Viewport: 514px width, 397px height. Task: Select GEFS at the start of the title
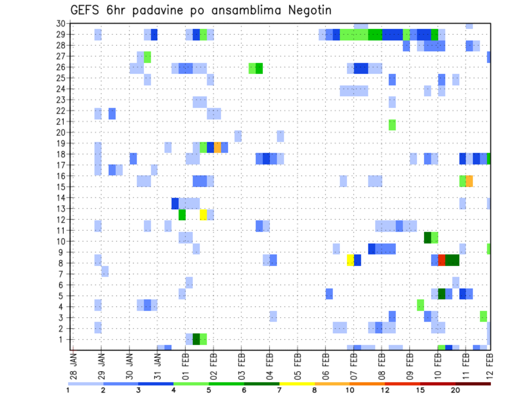[87, 11]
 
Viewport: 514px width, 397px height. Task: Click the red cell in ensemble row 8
[442, 260]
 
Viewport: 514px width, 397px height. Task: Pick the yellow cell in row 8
[350, 260]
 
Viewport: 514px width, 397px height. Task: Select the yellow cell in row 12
[203, 215]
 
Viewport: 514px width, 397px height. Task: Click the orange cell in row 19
[217, 147]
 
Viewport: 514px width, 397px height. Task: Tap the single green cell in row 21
[392, 125]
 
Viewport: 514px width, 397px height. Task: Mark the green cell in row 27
[147, 57]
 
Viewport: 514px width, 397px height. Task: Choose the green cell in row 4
[420, 305]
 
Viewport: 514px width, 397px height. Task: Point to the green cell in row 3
[483, 316]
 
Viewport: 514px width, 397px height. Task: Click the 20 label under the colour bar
[455, 390]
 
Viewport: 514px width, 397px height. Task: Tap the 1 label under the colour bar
[68, 390]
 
